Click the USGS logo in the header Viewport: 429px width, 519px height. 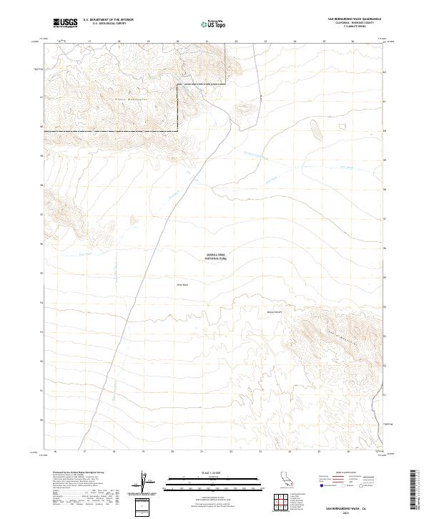[65, 23]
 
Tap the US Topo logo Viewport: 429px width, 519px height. [212, 24]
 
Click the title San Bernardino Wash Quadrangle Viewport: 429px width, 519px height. [354, 19]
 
